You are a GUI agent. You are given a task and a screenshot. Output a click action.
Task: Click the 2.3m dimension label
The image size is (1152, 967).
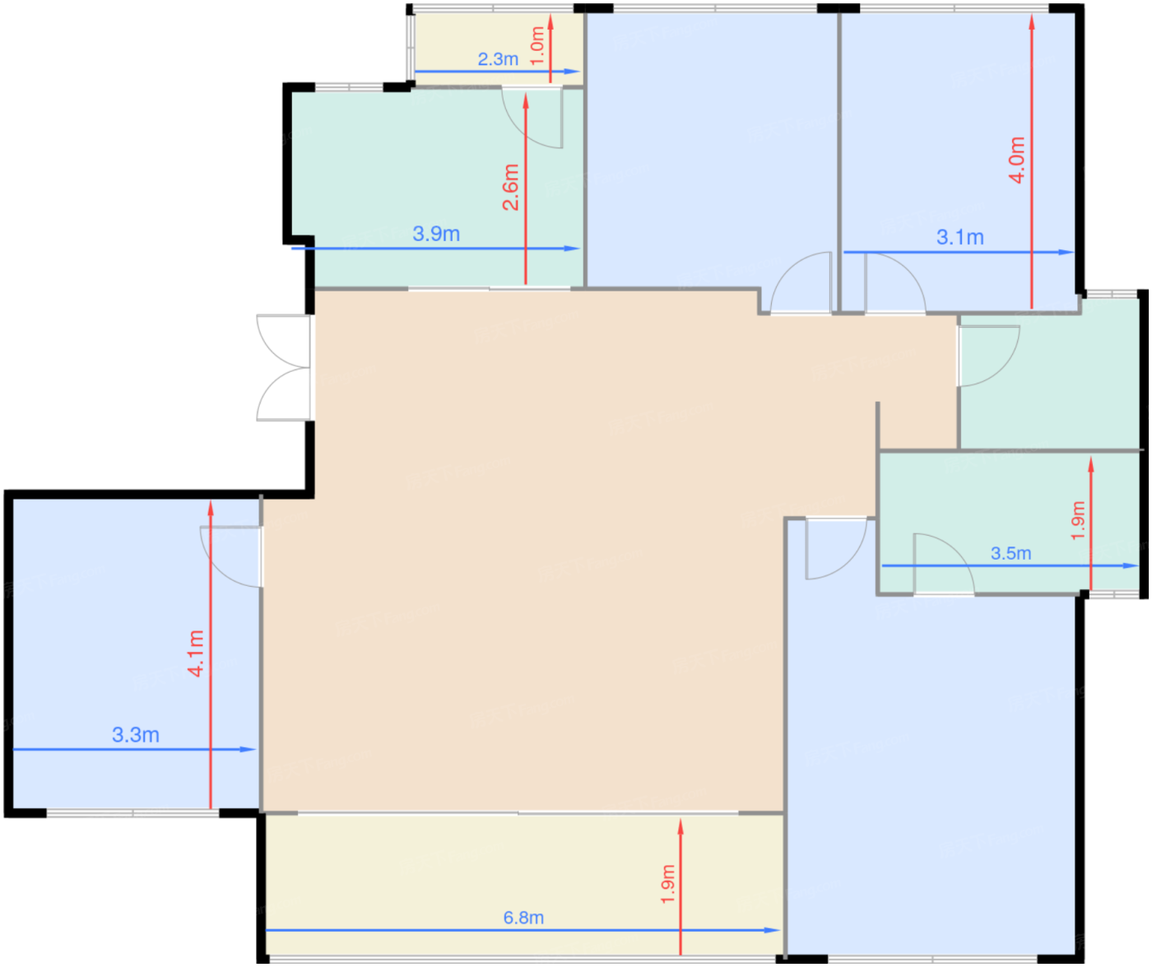[x=498, y=59]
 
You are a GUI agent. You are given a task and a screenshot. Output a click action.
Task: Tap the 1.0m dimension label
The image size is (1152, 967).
[x=537, y=46]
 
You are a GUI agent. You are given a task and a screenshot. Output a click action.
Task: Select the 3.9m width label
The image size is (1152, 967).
[x=436, y=234]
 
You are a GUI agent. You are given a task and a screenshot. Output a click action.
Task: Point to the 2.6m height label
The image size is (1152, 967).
[x=510, y=187]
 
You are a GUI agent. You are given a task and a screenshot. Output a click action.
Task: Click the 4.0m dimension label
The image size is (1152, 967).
[x=1016, y=160]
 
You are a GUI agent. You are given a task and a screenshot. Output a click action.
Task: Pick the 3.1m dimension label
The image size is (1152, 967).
[x=960, y=237]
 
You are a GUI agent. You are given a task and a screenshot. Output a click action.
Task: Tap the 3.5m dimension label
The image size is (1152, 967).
[x=1010, y=553]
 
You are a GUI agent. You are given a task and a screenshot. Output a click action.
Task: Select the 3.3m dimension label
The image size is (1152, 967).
[x=136, y=735]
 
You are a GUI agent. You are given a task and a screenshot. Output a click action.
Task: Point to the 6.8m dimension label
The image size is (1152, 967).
[x=523, y=918]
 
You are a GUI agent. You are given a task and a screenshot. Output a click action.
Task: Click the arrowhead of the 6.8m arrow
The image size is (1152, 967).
[x=773, y=930]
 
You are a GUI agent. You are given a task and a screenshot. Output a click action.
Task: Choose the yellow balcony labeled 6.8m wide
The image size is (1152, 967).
[x=524, y=884]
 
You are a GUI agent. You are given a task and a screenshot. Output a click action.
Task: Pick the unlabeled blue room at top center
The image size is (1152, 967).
[x=712, y=149]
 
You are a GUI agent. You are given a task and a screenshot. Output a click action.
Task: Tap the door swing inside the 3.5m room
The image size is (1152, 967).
[x=944, y=564]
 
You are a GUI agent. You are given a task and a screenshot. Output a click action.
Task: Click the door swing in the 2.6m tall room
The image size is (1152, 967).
[x=532, y=118]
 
